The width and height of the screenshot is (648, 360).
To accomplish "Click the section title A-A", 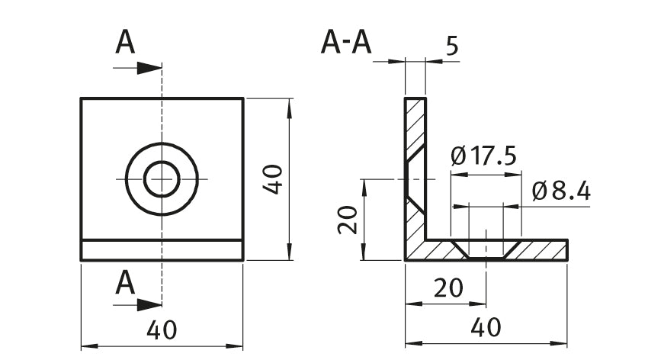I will (346, 43).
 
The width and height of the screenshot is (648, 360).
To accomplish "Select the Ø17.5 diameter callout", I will (483, 156).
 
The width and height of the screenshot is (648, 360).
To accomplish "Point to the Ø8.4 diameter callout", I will (561, 191).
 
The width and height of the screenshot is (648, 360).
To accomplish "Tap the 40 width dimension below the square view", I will (162, 330).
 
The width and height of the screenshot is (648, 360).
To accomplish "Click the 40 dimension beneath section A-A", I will (486, 328).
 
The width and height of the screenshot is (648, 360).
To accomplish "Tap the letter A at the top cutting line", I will (125, 43).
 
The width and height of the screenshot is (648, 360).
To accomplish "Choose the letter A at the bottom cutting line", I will (125, 284).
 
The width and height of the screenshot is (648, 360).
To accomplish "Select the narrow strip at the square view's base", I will (162, 251).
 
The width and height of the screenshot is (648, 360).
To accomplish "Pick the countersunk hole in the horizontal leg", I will (486, 249).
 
